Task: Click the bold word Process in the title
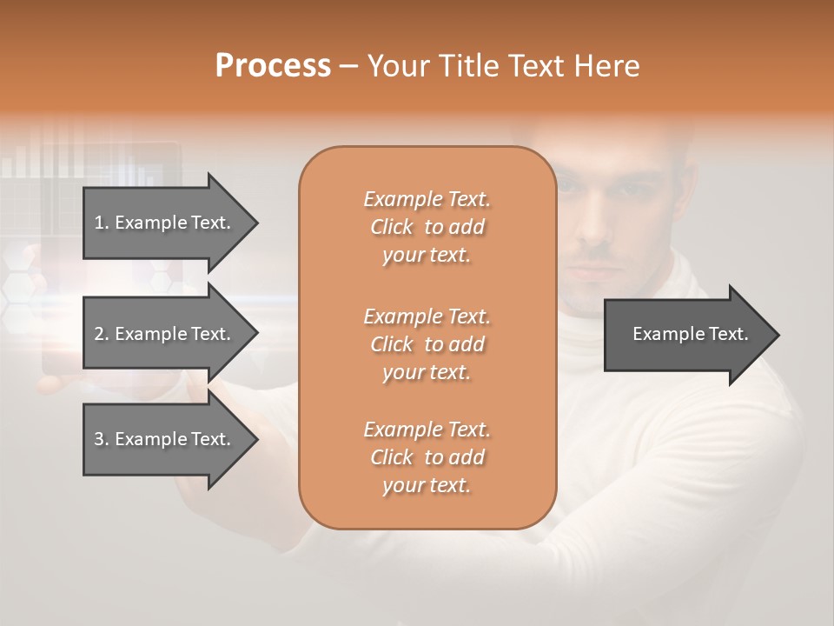coord(273,66)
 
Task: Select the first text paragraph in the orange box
coord(427,227)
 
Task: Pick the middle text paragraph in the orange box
coord(427,343)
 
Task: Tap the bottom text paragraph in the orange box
coord(427,457)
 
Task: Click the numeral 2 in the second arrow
coord(99,334)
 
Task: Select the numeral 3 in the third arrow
coord(99,439)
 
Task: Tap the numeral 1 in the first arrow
coord(99,223)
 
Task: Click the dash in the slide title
coord(349,67)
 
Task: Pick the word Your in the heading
coord(398,66)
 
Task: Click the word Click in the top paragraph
coord(392,227)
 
